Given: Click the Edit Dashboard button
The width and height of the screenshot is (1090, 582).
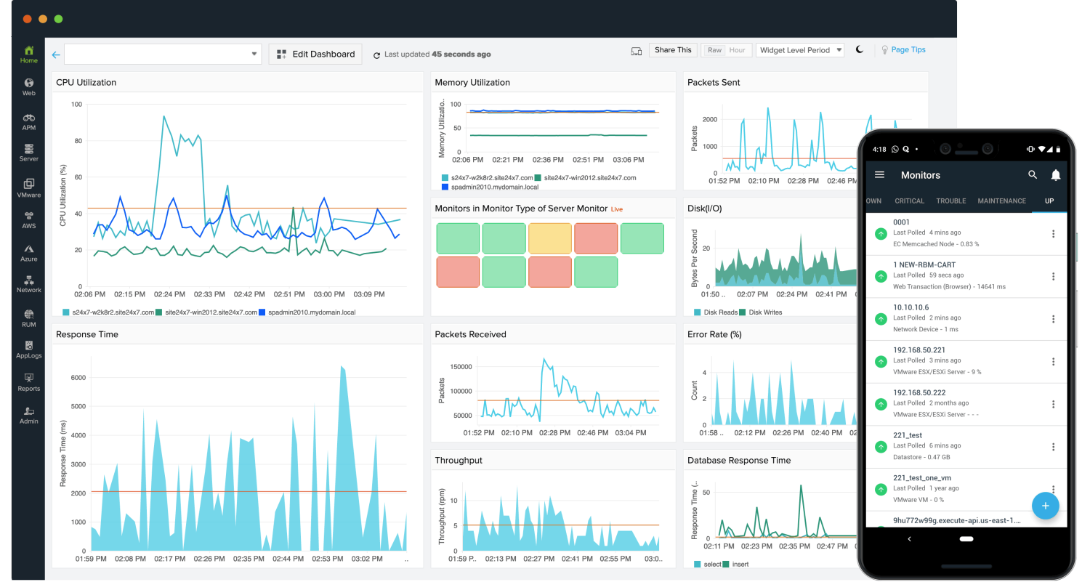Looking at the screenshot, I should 315,54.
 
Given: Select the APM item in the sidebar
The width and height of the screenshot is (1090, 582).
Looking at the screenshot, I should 29,121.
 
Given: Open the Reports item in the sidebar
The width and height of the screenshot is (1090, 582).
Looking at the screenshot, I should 29,382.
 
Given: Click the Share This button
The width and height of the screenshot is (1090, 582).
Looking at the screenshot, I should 673,50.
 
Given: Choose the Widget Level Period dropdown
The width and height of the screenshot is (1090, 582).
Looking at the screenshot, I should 800,50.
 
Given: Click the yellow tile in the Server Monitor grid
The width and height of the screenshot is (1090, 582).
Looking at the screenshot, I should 550,238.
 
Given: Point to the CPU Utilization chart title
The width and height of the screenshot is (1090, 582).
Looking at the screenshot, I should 86,83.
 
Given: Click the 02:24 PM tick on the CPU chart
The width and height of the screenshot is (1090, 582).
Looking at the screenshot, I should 169,294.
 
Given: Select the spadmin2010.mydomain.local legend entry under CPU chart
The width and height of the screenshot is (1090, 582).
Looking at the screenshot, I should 310,312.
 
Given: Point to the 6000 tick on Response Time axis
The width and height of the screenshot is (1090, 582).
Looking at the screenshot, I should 77,378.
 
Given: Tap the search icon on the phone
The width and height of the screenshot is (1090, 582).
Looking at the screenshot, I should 1033,175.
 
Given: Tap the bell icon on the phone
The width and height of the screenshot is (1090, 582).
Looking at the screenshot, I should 1056,175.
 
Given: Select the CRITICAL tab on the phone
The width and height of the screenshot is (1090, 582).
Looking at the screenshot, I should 910,201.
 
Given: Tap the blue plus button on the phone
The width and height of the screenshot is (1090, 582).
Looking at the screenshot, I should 1045,505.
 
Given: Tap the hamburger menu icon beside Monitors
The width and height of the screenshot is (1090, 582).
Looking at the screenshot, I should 880,175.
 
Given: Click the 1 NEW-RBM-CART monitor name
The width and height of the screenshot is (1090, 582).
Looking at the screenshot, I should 924,265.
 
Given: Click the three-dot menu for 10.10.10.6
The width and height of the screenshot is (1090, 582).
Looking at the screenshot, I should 1054,319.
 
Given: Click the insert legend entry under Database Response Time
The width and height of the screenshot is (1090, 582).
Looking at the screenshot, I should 740,565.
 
